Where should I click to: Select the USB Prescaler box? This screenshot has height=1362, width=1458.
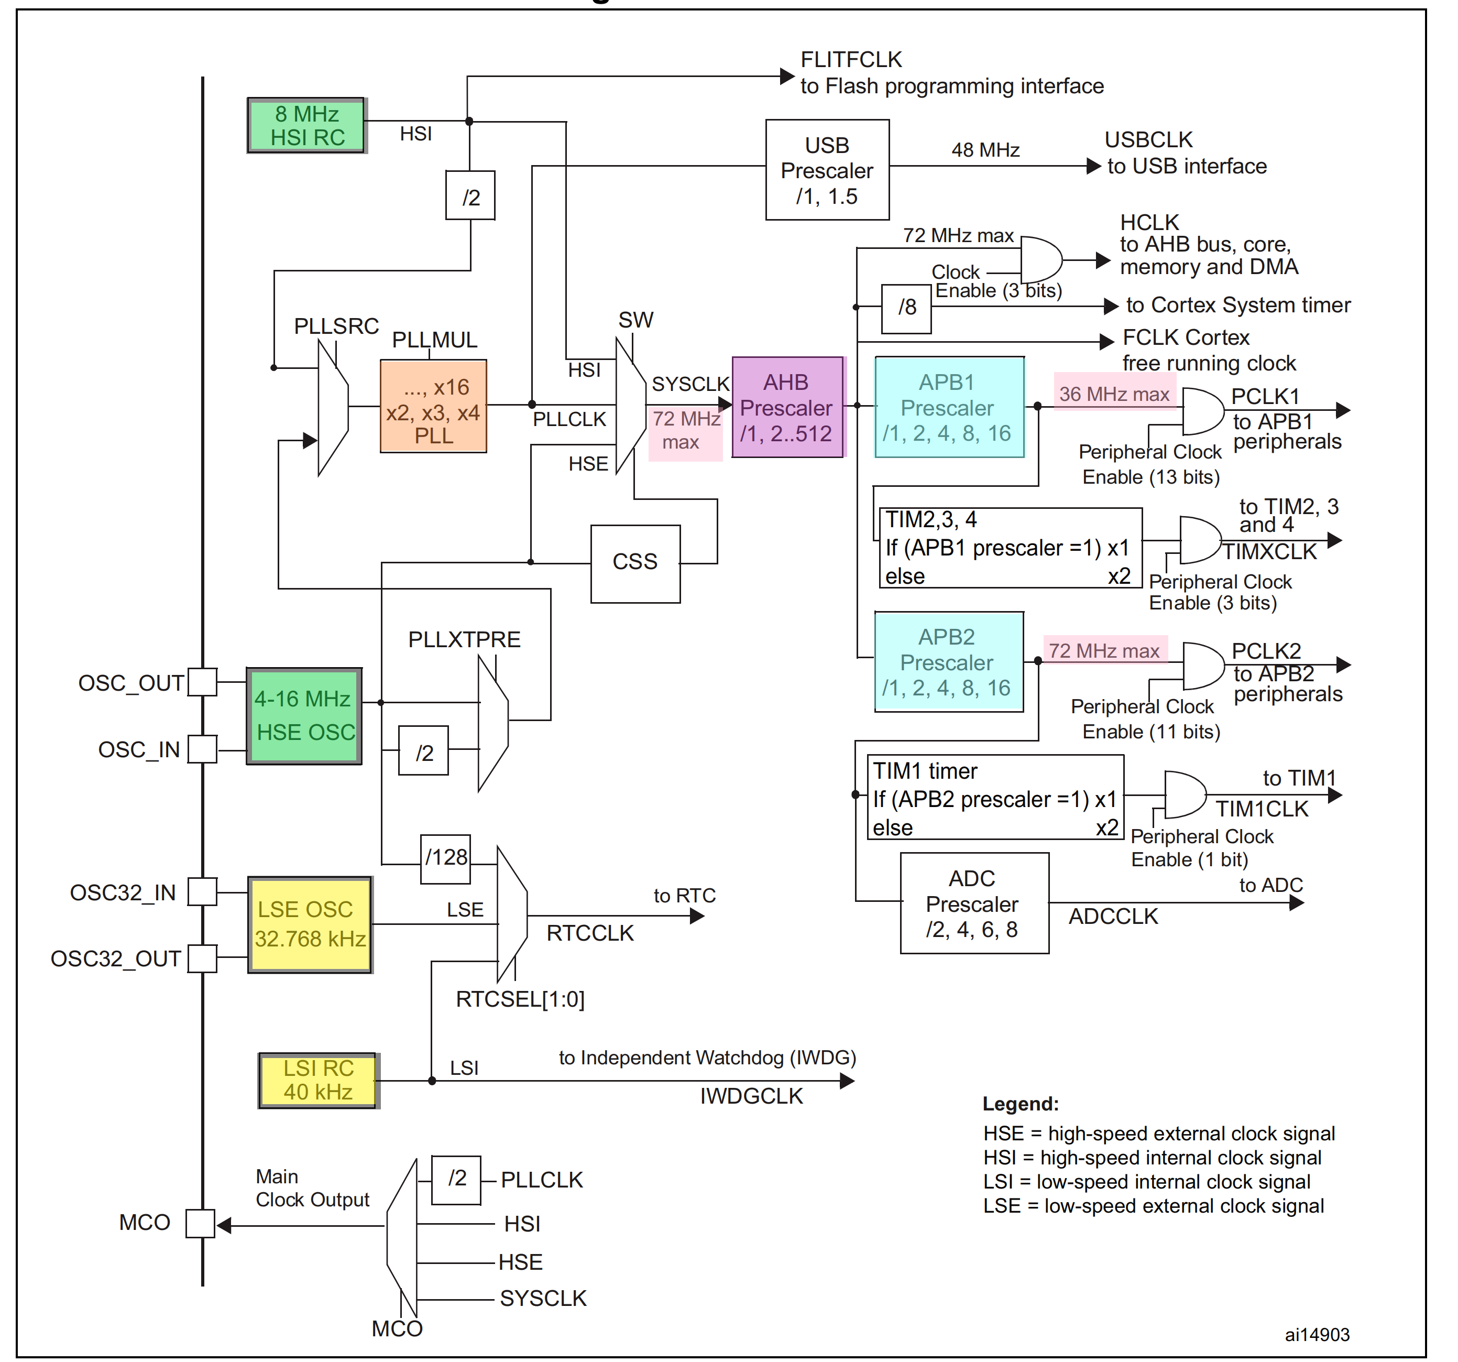coord(827,170)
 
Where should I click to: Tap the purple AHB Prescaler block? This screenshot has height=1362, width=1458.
coord(787,408)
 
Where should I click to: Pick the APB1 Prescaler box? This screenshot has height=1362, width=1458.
coord(948,408)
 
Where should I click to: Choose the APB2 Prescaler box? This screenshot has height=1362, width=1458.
coord(948,662)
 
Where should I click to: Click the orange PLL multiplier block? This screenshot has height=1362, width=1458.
coord(433,406)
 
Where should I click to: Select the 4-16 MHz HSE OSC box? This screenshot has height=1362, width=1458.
coord(304,716)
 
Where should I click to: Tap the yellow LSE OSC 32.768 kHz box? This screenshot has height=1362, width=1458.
coord(310,924)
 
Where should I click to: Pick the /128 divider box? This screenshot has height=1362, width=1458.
coord(445,858)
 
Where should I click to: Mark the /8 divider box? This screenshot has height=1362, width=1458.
coord(906,308)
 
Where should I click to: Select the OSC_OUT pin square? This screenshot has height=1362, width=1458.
coord(202,682)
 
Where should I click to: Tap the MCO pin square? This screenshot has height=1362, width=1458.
coord(200,1223)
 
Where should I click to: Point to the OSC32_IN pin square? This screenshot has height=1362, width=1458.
coord(202,892)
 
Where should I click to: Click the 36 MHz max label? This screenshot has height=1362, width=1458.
coord(1113,395)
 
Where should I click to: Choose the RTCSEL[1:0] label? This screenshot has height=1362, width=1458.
coord(520,999)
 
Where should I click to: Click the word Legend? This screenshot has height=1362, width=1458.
coord(1020,1104)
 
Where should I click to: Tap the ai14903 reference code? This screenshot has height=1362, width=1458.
coord(1317,1335)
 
